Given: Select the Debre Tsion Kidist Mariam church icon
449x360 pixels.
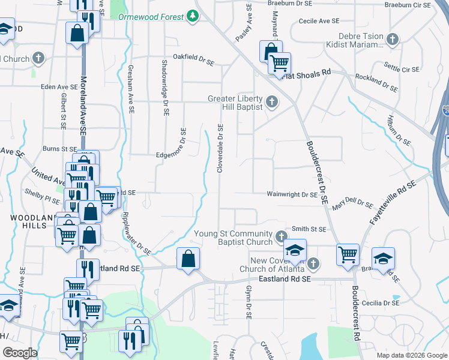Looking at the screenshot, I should tap(393, 40).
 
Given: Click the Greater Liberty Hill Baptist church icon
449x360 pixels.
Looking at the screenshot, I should tap(271, 102).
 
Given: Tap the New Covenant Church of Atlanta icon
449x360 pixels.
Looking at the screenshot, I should tap(313, 264).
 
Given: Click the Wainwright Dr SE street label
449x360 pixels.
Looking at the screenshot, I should tap(292, 194).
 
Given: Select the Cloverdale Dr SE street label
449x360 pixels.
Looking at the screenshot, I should tap(221, 149).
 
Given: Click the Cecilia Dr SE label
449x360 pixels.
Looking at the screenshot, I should tap(379, 303).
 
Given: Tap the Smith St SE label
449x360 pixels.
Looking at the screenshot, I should tap(309, 229).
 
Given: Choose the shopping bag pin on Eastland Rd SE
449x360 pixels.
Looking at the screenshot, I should tap(188, 260).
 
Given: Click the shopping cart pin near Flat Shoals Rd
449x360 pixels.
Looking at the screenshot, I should tap(279, 63).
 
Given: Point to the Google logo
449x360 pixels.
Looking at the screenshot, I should tap(20, 353).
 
